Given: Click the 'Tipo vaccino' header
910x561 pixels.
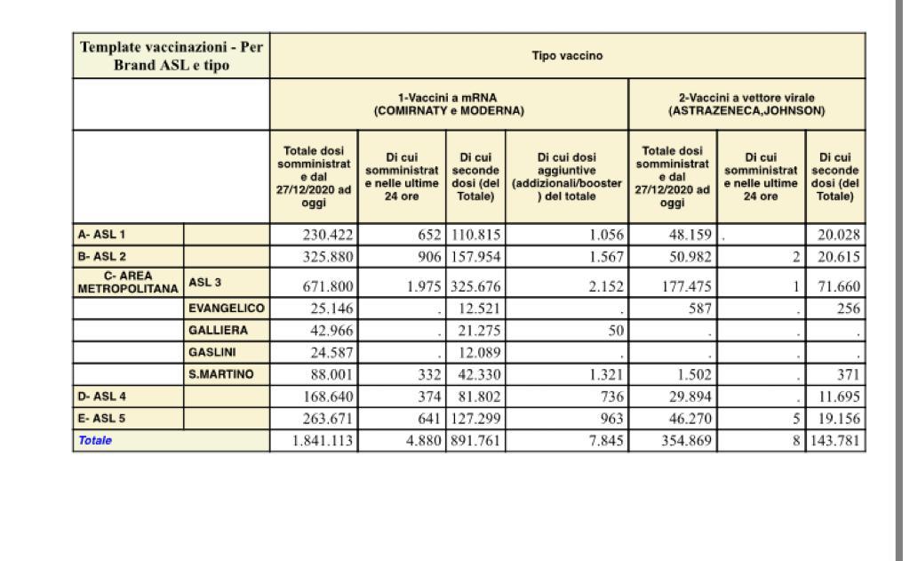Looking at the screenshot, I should [x=567, y=56].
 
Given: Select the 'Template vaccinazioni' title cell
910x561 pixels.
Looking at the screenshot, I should [x=172, y=56].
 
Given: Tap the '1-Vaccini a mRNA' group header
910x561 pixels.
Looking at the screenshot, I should [x=449, y=104].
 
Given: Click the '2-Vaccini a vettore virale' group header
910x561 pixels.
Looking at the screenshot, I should [x=746, y=104].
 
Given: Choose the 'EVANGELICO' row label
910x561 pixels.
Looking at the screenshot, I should [x=227, y=309].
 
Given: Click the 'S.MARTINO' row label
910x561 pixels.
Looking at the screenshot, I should [x=222, y=374].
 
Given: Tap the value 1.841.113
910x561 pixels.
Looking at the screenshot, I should [x=323, y=440].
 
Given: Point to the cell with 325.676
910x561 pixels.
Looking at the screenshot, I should [x=475, y=286].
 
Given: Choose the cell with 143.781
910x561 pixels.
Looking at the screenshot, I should [x=836, y=440].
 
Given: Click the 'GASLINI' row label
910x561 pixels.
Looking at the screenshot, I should [x=212, y=352].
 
